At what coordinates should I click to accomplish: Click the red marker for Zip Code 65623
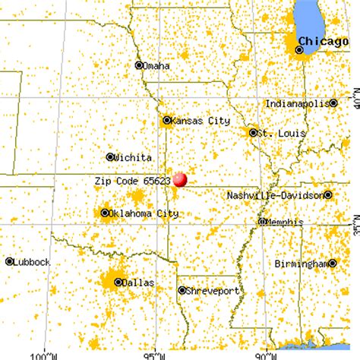(x=180, y=179)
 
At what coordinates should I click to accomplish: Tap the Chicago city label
(x=323, y=40)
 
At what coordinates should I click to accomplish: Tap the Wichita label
(x=134, y=157)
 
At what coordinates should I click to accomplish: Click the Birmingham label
(x=302, y=264)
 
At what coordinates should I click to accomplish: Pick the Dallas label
(x=138, y=282)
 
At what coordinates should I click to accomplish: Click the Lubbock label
(x=33, y=261)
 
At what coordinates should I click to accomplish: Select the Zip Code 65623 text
(x=134, y=182)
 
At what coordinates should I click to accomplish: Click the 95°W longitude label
(x=155, y=354)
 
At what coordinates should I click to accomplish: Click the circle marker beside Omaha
(x=139, y=65)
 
